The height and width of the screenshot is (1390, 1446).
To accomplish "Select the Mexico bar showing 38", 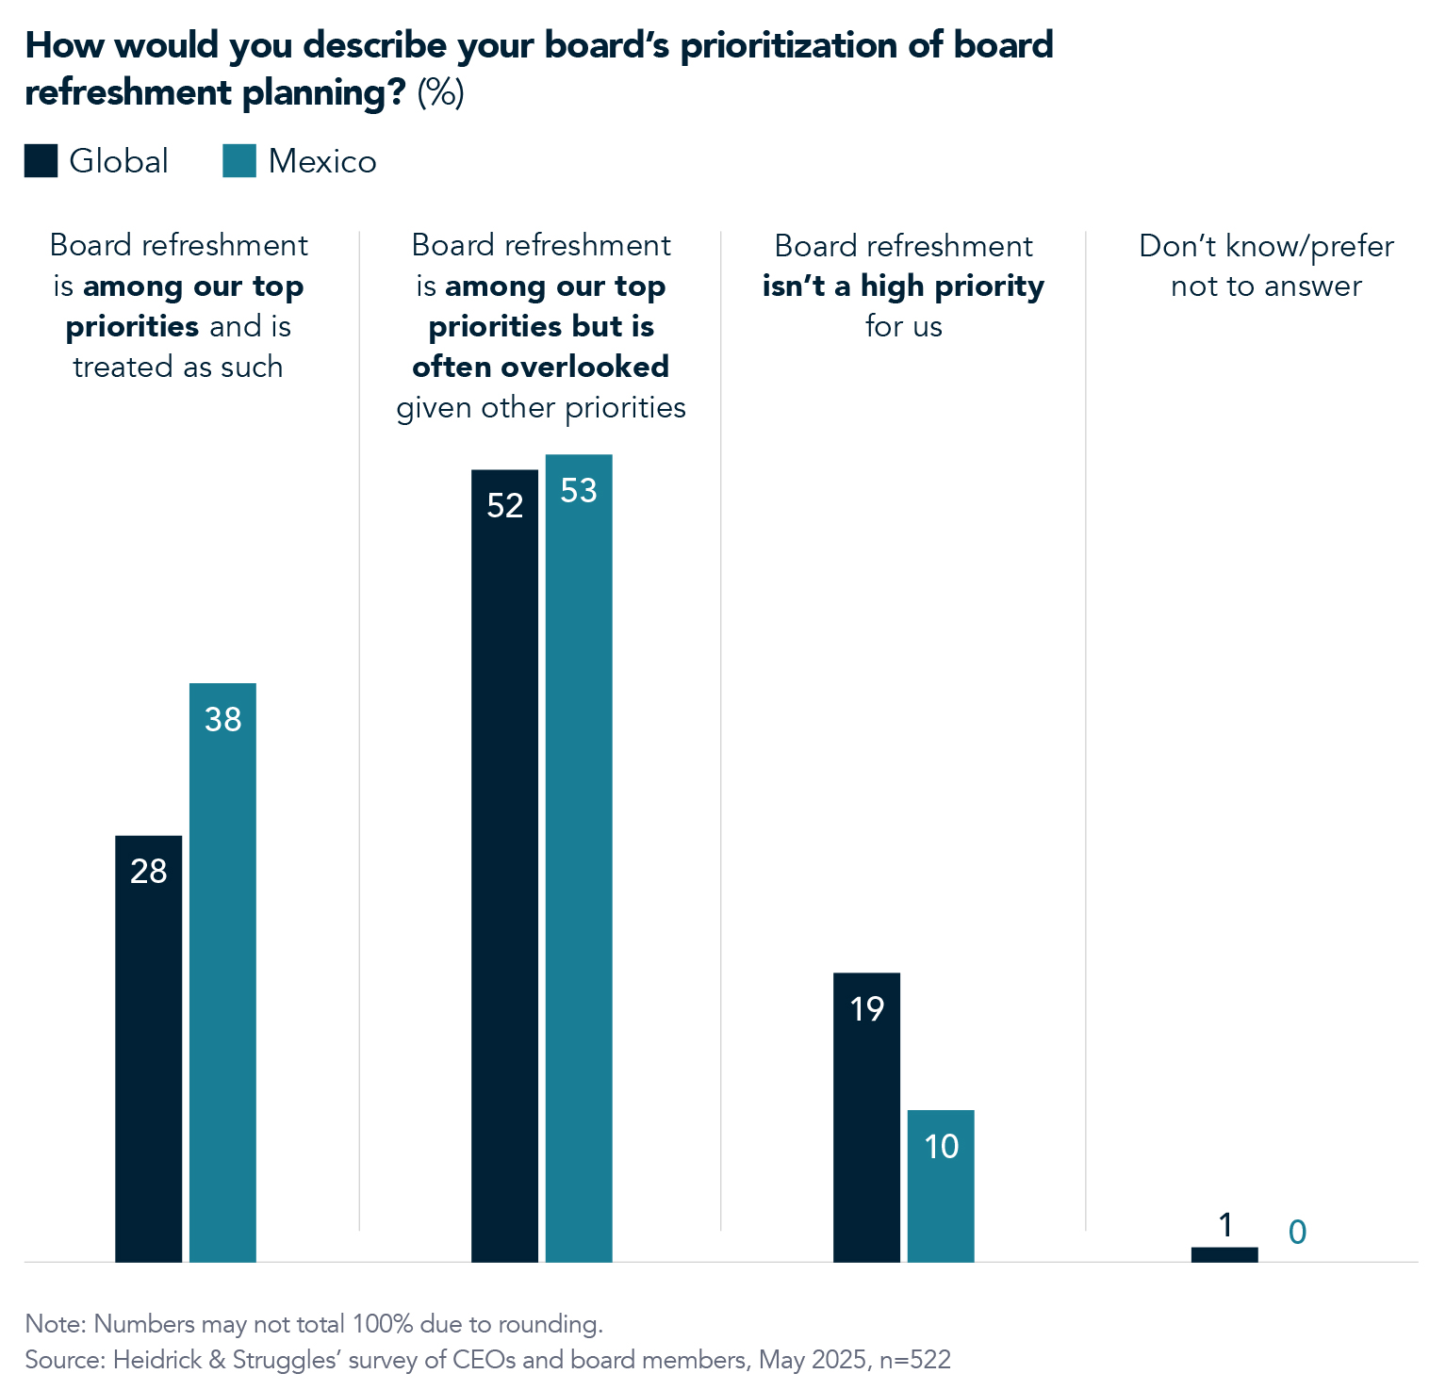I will click(x=222, y=972).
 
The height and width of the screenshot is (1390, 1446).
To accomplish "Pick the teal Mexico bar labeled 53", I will click(x=579, y=858).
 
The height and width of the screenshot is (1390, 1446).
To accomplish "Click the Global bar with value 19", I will click(x=866, y=1117).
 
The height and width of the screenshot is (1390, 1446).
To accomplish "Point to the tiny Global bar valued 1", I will click(x=1224, y=1254).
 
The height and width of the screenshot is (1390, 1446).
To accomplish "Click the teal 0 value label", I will click(x=1297, y=1232).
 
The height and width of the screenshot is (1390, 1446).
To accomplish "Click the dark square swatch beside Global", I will click(x=41, y=161).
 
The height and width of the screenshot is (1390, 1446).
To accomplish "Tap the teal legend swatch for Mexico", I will click(x=239, y=161).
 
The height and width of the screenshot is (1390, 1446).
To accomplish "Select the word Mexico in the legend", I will click(x=322, y=161).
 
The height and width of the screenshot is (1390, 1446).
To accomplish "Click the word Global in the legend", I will click(x=119, y=161).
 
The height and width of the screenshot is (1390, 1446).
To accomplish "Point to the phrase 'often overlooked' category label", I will click(x=540, y=367).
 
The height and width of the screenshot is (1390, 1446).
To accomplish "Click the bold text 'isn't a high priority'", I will click(x=903, y=286).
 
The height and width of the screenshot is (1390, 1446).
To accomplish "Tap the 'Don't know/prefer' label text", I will click(x=1265, y=246).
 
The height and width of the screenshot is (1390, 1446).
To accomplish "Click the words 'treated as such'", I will click(x=178, y=367).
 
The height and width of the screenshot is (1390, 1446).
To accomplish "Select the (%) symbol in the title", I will click(x=440, y=92).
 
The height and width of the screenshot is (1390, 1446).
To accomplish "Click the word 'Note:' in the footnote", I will click(x=56, y=1324).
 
